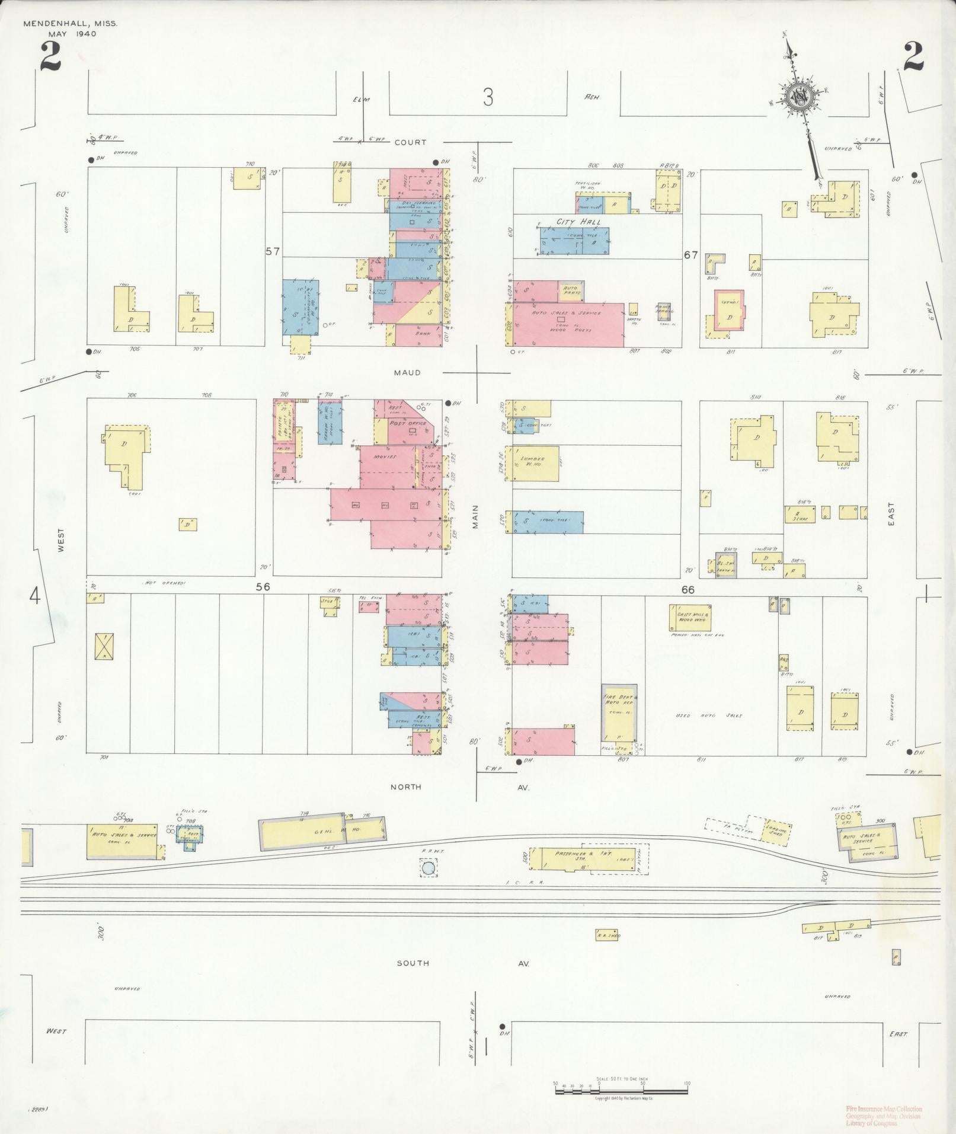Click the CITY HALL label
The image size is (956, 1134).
(x=578, y=222)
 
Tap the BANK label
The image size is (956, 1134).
(x=422, y=334)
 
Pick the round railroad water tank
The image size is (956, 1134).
(x=429, y=870)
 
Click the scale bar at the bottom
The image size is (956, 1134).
(x=621, y=1090)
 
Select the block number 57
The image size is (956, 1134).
(x=272, y=251)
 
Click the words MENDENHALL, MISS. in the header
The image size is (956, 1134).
(x=71, y=24)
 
